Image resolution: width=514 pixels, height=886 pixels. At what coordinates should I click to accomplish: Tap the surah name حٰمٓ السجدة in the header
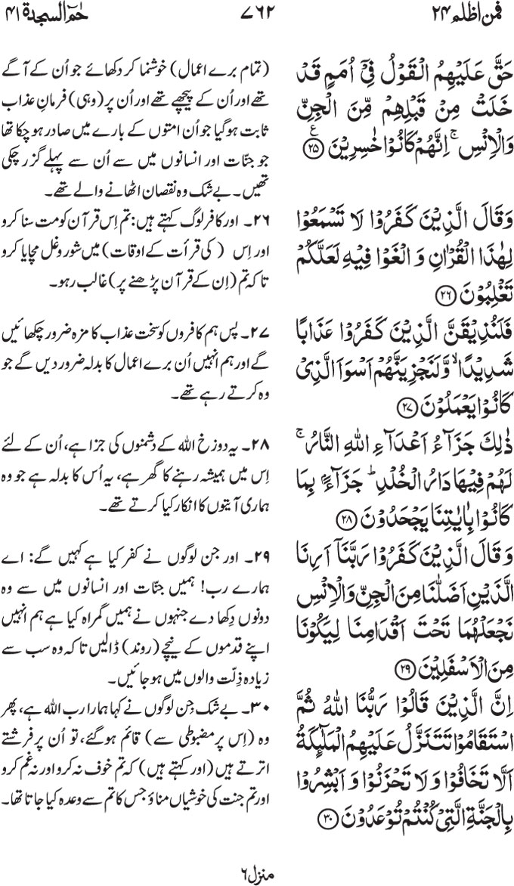click(x=60, y=14)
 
